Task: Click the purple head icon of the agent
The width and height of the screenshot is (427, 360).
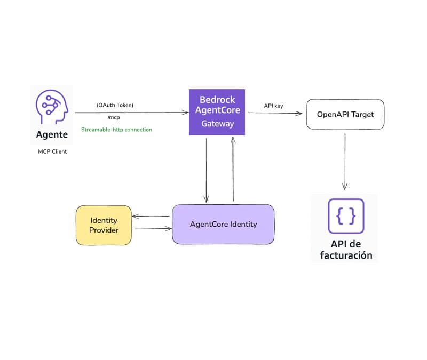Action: (x=52, y=107)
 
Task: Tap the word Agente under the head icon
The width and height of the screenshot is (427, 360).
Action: (x=52, y=134)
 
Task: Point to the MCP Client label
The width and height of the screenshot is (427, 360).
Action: (x=52, y=152)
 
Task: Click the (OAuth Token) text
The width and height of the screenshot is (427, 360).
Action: (x=115, y=105)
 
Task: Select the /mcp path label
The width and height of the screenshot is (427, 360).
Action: (x=114, y=117)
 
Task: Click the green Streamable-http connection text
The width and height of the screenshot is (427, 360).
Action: (x=116, y=130)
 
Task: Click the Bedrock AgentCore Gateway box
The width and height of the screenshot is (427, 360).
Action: (x=217, y=112)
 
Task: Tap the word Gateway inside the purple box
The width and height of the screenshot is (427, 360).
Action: (x=217, y=124)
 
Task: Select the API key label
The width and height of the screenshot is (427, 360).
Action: (x=273, y=106)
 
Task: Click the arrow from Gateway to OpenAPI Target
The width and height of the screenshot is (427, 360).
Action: (x=275, y=113)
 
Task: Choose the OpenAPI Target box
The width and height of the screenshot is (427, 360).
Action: (x=345, y=114)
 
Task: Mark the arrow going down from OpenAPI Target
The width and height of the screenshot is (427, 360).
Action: (x=345, y=160)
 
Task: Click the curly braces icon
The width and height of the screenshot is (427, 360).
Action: (x=345, y=215)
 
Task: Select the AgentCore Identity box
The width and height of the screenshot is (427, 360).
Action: (x=223, y=224)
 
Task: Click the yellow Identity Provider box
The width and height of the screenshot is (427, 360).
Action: (x=104, y=225)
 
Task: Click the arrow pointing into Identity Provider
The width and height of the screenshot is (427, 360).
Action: (x=152, y=217)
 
